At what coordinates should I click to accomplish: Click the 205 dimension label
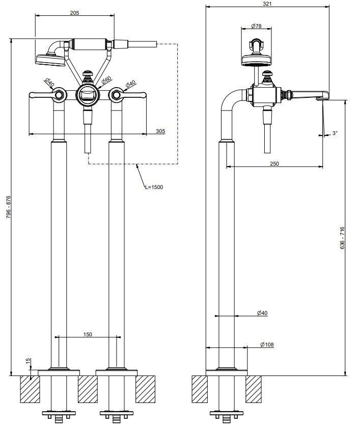click(74, 13)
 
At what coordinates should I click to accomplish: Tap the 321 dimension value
click(268, 4)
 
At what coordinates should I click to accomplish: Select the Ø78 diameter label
click(256, 26)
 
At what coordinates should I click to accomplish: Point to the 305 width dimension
click(160, 131)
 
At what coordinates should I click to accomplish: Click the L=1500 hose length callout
click(154, 187)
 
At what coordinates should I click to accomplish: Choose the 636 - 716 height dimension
click(342, 238)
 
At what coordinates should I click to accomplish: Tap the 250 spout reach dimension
click(274, 164)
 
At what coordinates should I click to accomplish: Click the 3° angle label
click(335, 133)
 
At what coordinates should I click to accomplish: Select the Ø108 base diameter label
click(267, 345)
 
